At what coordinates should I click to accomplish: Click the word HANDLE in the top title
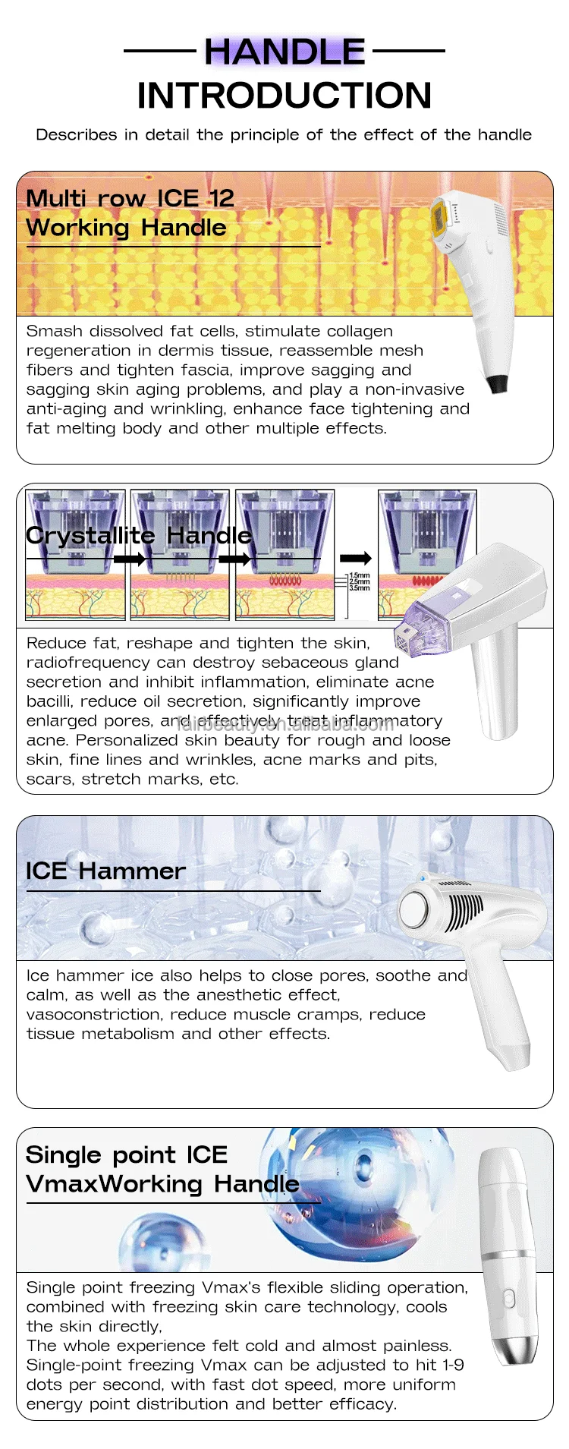tap(284, 52)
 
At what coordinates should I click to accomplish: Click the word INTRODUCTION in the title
tap(284, 96)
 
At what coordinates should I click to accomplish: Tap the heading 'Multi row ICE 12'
tap(130, 198)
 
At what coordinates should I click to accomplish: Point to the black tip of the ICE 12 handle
tap(497, 383)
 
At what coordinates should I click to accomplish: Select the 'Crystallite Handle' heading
tap(139, 535)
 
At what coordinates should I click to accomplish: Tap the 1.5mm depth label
tap(360, 576)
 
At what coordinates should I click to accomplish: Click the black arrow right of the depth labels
tap(356, 559)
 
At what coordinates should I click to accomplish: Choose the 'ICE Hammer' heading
tap(105, 871)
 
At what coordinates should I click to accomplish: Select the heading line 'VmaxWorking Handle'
tap(162, 1184)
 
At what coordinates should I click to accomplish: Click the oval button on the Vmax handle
tap(510, 1299)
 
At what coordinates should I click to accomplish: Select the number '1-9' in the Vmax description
tap(453, 1365)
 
